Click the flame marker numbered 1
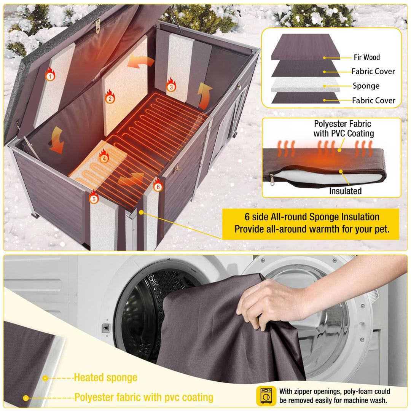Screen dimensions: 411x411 (x=50, y=74)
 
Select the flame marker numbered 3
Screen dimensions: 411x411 (x=171, y=85)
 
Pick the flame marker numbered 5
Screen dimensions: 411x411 (x=94, y=197)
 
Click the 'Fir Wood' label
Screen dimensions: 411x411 (x=367, y=57)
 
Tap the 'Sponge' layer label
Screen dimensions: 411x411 (x=366, y=86)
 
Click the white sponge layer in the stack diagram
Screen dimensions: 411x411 (x=305, y=84)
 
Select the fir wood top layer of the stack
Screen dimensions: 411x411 (x=305, y=47)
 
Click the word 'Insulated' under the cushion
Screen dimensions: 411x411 (x=345, y=191)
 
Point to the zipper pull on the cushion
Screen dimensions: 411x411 (x=272, y=180)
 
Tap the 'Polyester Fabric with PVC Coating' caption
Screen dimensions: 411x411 (x=343, y=129)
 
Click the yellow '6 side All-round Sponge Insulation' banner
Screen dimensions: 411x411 (x=311, y=224)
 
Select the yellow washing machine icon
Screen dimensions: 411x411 (x=266, y=396)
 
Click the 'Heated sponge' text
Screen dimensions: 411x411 (x=106, y=378)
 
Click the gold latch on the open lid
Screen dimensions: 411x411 (x=97, y=26)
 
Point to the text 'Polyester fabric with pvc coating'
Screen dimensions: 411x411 (x=143, y=397)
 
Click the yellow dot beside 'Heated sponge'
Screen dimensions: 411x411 (x=45, y=378)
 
